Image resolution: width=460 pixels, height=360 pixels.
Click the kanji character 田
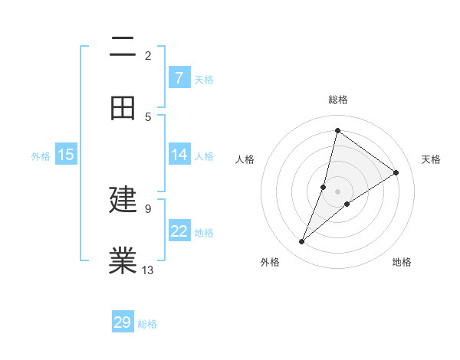pos(123,108)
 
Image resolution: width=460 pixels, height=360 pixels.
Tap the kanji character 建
pos(123,200)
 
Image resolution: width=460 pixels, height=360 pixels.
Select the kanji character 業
pos(123,260)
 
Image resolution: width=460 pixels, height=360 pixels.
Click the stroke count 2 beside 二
pos(148,55)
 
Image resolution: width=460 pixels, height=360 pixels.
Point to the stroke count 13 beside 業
pos(148,269)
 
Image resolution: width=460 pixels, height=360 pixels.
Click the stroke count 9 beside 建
pos(148,208)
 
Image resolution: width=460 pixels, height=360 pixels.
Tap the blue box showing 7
pos(179,78)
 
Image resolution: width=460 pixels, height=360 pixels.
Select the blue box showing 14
pos(179,155)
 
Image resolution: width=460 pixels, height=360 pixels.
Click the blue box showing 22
pos(179,231)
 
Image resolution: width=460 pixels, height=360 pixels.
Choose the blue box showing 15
pos(66,155)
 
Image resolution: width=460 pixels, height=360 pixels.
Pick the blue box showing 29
pos(123,322)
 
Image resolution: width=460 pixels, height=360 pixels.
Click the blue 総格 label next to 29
pos(147,324)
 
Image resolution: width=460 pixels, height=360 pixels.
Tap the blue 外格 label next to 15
pos(41,156)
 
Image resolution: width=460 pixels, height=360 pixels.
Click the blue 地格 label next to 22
pos(204,233)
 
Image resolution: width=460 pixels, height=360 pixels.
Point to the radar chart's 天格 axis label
pos(432,159)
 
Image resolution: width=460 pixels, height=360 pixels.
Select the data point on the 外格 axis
pos(302,242)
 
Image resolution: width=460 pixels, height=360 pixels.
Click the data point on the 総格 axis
pos(337,130)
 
